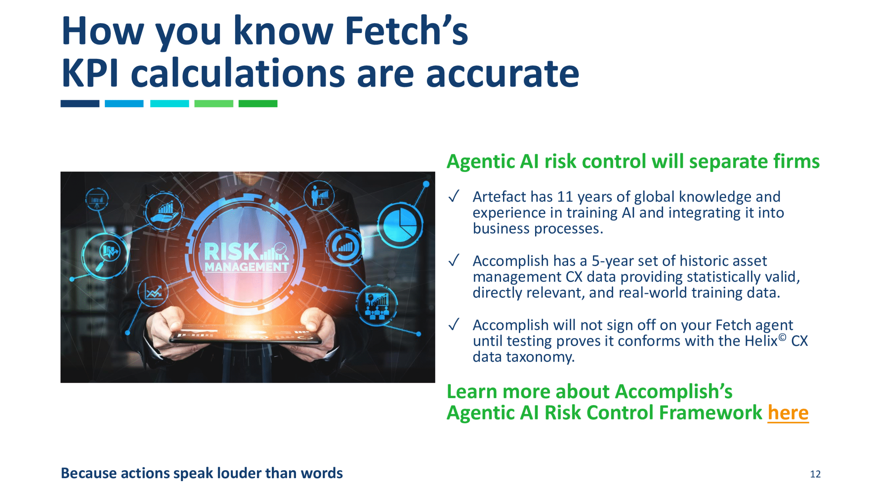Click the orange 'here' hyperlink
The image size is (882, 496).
coord(788,412)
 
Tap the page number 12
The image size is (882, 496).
coord(815,474)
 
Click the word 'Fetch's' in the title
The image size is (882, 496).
coord(407,31)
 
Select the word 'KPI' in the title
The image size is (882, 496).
coord(90,73)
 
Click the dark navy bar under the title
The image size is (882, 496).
coord(80,103)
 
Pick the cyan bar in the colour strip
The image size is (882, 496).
coord(170,103)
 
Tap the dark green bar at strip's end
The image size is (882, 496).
coord(258,103)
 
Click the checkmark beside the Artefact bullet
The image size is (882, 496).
coord(454,196)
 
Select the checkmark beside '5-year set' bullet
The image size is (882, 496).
coord(454,260)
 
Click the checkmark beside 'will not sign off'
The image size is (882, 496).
coord(454,324)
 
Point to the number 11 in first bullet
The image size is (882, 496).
coord(565,197)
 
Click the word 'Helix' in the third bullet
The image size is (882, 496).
coord(761,341)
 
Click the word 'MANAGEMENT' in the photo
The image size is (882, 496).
coord(246,267)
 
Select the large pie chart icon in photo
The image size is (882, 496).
coord(400,225)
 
